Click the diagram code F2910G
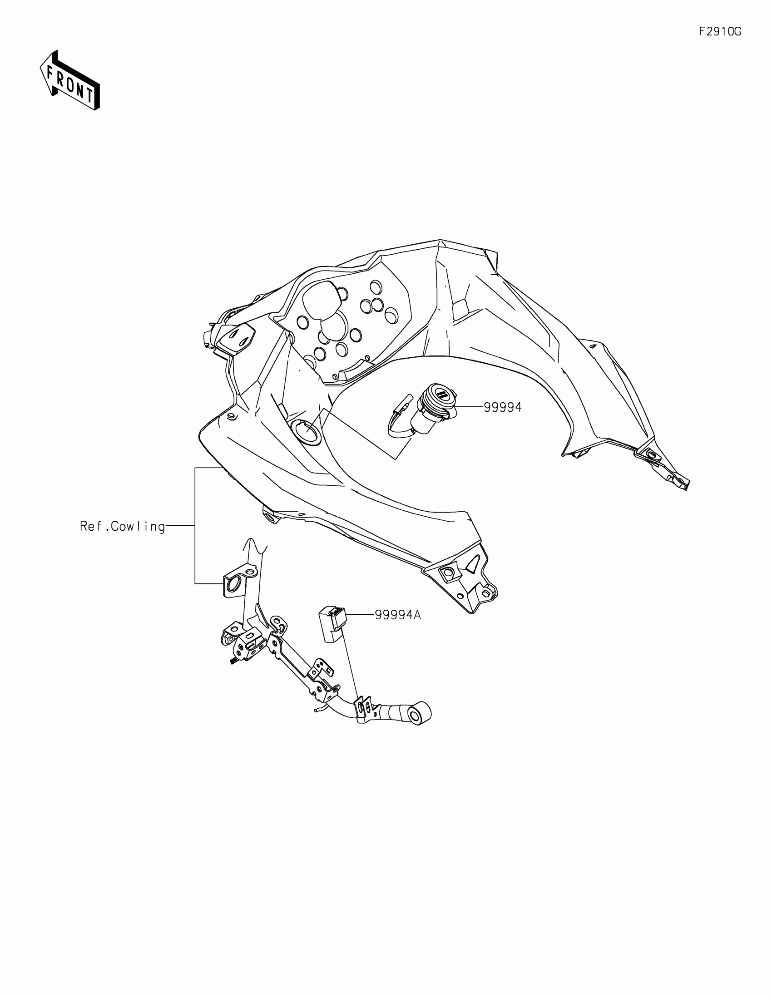(720, 31)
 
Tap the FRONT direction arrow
(70, 81)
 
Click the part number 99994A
(398, 615)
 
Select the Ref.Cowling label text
(122, 526)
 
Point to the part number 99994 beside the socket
(502, 407)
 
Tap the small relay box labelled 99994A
(332, 623)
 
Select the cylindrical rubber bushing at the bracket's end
(420, 714)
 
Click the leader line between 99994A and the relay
(361, 615)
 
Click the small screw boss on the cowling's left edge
(231, 416)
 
